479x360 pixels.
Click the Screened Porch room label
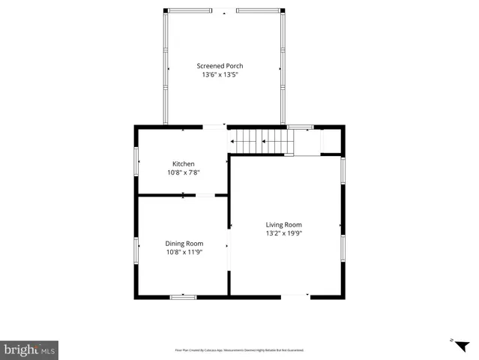tap(220, 66)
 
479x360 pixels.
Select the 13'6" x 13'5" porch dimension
tap(220, 75)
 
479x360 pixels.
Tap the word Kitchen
tap(184, 163)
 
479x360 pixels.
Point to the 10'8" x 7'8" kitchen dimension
tap(184, 172)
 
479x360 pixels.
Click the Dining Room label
tap(184, 243)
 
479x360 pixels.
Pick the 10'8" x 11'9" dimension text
tap(184, 252)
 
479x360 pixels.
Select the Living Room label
tap(283, 224)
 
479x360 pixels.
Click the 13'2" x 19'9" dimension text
tap(283, 233)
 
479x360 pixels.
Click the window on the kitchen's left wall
tap(136, 160)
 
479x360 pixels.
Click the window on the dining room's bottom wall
tap(183, 297)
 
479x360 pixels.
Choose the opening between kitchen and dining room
tap(205, 196)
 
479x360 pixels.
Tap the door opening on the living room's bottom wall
tap(295, 296)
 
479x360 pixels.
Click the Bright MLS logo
tap(29, 349)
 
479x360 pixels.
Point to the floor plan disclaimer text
tap(239, 349)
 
